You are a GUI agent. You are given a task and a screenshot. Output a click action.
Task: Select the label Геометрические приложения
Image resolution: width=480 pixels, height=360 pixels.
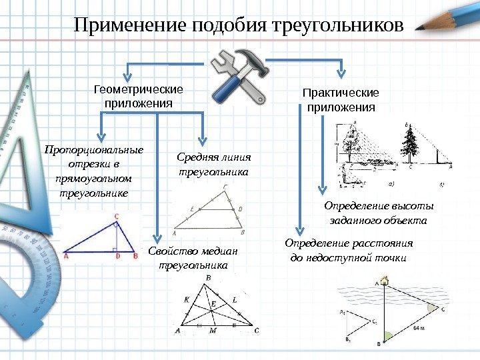(139, 97)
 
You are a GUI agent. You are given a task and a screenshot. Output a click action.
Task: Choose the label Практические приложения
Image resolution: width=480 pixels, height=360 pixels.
(341, 100)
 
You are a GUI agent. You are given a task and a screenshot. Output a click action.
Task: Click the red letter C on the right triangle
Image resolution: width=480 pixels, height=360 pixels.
(117, 216)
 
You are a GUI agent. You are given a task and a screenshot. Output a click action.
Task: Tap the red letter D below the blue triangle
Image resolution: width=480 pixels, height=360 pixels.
(117, 255)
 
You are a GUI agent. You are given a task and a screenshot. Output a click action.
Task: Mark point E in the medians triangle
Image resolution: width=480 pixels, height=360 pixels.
(214, 304)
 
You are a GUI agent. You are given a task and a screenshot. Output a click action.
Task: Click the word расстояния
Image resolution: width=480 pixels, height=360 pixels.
(377, 243)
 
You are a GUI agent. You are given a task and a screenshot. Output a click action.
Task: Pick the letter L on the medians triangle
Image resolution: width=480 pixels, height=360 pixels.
(234, 300)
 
